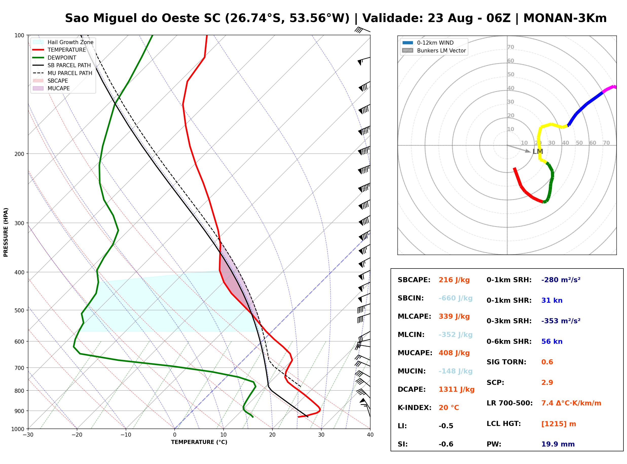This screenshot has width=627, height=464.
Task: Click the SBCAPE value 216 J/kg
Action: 454,280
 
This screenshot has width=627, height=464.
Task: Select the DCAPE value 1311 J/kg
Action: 456,389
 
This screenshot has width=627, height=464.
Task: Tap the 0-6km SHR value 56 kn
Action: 552,342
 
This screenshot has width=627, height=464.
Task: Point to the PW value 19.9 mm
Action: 558,444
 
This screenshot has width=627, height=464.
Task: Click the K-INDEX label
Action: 415,408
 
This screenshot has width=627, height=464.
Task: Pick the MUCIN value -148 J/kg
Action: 455,371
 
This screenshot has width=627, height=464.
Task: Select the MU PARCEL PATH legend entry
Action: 63,73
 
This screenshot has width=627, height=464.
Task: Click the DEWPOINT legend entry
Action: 54,58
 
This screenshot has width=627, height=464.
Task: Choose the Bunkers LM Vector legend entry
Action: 434,50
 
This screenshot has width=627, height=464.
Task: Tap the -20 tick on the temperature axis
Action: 77,435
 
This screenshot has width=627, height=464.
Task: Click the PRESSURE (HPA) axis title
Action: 6,232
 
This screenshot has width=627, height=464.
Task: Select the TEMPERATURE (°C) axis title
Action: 199,442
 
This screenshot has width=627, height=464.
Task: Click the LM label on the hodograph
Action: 538,152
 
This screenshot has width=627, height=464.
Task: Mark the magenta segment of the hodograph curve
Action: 609,88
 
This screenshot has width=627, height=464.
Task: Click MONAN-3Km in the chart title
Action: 565,18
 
